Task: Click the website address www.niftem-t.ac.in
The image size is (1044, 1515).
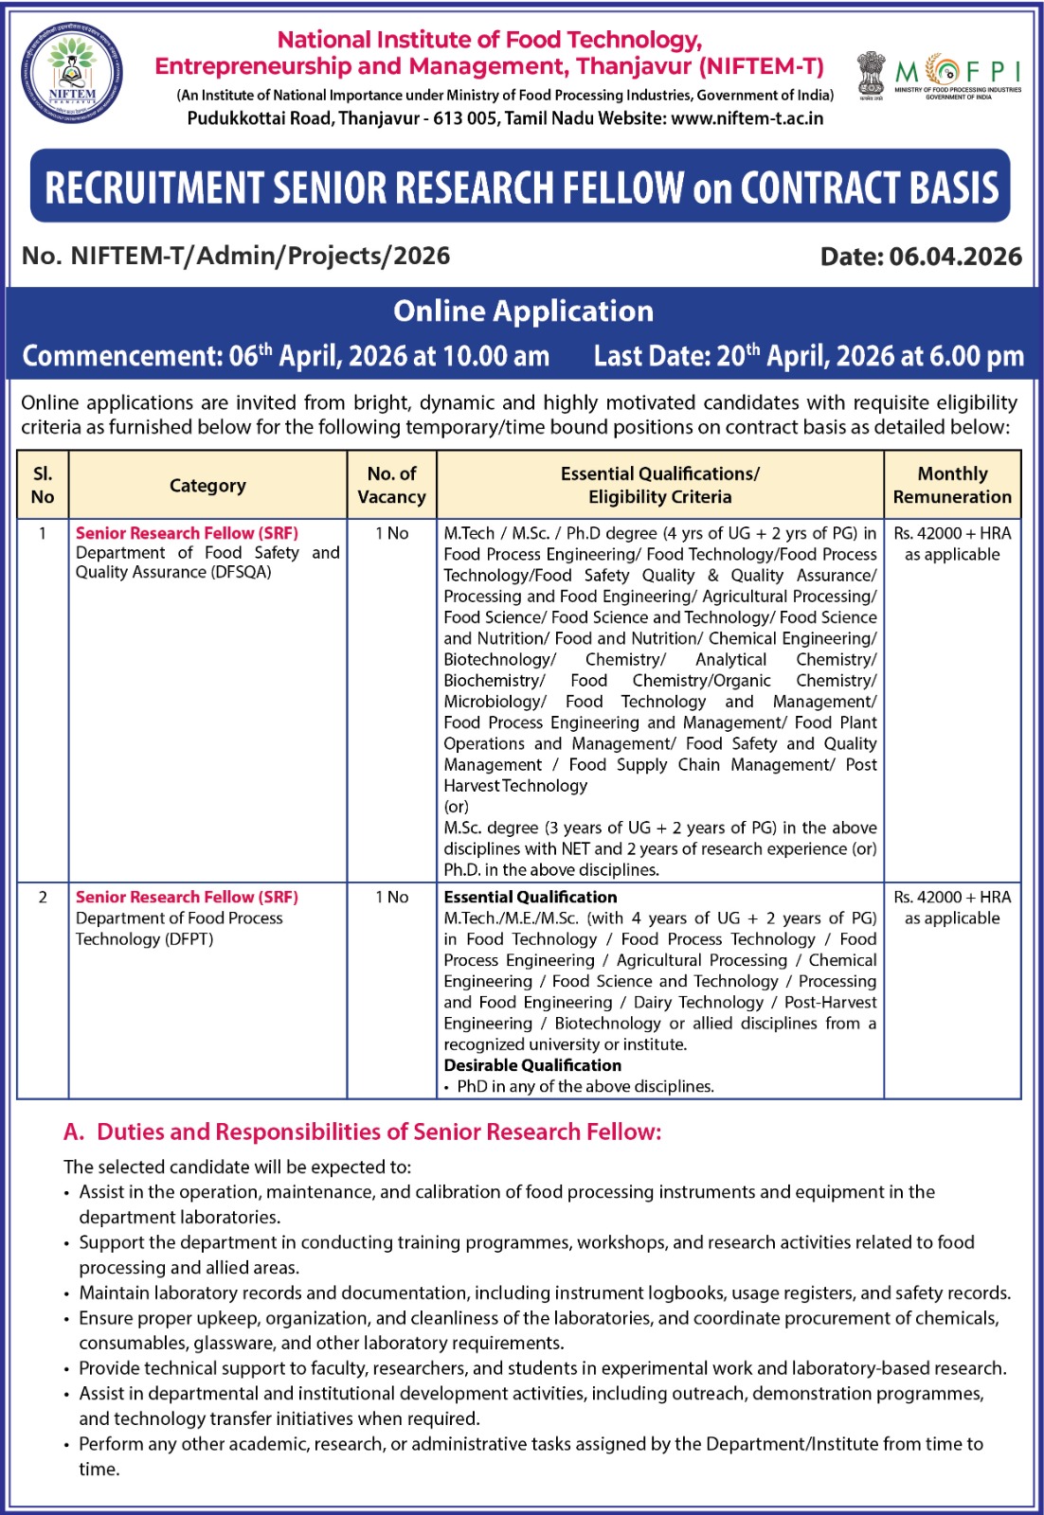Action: tap(747, 118)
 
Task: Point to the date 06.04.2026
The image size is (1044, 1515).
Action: tap(955, 257)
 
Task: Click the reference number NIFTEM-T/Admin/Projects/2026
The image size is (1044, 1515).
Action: tap(261, 256)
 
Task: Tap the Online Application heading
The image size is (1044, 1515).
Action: tap(523, 311)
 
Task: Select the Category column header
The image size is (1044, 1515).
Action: tap(207, 486)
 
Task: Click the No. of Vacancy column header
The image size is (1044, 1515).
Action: tap(391, 485)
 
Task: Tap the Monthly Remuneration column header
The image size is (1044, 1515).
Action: tap(952, 485)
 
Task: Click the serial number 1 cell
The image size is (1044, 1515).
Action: tap(43, 533)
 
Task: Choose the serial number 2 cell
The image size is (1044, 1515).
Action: tap(43, 897)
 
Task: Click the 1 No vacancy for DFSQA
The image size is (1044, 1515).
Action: tap(391, 533)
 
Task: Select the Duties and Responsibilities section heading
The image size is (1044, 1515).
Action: tap(363, 1132)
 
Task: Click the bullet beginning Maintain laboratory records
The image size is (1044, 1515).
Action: tap(545, 1292)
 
